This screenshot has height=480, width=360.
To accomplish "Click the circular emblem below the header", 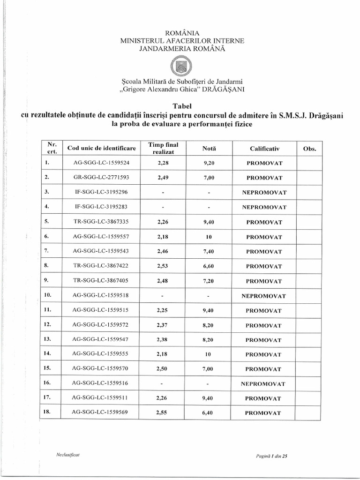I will pos(180,66).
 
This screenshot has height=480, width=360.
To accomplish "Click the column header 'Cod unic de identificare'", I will pos(101,148).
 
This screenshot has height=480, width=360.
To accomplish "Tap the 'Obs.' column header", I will pos(310,149).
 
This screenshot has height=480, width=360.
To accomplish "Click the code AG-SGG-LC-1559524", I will pos(101,163).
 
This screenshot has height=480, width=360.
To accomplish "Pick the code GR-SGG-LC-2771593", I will pos(101,178).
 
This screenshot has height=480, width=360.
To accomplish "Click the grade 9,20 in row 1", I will pos(209,163).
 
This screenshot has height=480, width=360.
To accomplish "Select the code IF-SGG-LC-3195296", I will pos(101,192).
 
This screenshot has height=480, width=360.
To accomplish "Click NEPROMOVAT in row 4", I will pos(264,207).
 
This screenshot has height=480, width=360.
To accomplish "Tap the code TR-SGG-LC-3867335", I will pos(101,222).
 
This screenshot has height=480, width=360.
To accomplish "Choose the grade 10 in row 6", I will pos(209,237).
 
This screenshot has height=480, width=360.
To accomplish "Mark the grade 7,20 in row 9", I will pos(209,281).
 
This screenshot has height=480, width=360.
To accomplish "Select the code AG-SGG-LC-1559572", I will pos(101,325).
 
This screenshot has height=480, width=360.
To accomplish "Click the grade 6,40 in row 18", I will pos(209,413).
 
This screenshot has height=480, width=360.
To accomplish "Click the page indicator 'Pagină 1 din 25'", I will pos(271,455).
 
